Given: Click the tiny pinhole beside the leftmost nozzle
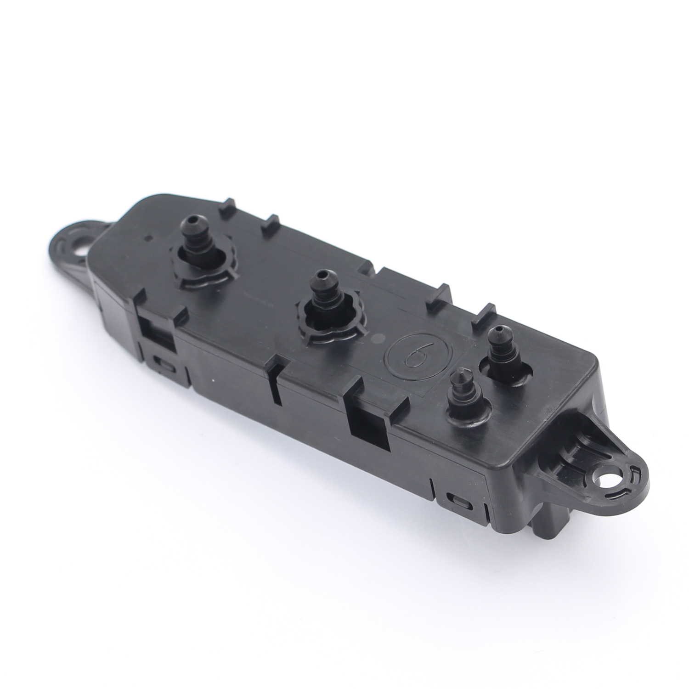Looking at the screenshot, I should [147, 238].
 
